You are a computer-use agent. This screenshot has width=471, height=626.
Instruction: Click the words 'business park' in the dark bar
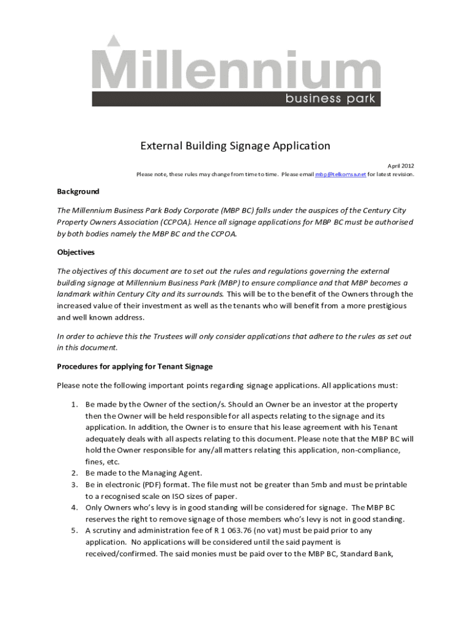pos(330,99)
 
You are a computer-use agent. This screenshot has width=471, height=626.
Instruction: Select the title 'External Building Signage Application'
pos(236,146)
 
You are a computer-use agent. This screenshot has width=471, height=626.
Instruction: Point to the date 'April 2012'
pos(401,166)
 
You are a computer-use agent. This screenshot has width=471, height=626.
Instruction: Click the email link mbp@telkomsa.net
pos(341,175)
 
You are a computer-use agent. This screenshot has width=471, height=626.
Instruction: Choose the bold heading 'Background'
pos(78,191)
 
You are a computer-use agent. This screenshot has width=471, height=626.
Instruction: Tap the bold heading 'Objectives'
pos(76,252)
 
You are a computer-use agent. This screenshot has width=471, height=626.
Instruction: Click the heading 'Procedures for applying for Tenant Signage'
pos(135,367)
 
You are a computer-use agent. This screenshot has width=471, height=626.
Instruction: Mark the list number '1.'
pos(74,405)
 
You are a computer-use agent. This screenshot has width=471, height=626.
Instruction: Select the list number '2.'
pos(74,473)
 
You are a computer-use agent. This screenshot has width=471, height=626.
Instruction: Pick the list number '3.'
pos(74,485)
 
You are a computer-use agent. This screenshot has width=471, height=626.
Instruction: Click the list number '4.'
pos(74,507)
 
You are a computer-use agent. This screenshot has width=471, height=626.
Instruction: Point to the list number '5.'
pos(74,531)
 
